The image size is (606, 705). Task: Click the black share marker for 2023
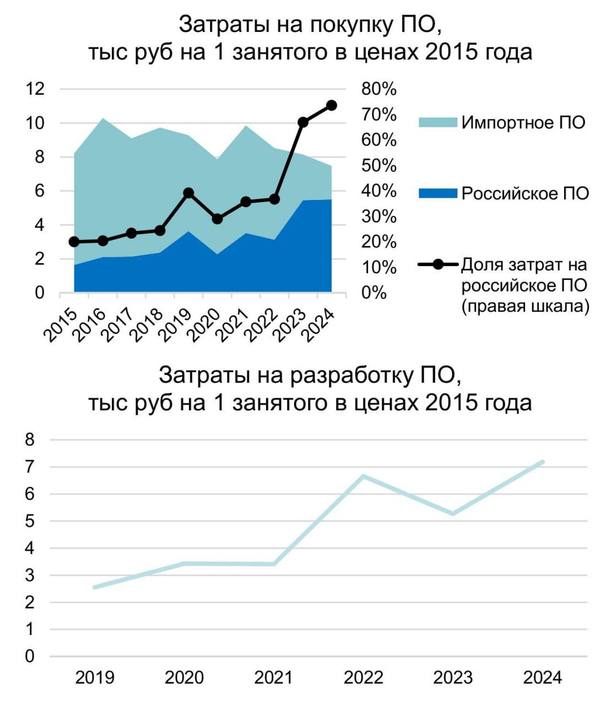coord(302,122)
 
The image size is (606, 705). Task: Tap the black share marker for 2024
coord(331,105)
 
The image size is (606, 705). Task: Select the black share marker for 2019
coord(188,193)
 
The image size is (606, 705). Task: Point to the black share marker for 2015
coord(74,242)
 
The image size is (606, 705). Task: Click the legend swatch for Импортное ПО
coord(437,122)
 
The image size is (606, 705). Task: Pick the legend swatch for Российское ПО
coord(437,193)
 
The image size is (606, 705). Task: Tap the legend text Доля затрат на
coord(524,265)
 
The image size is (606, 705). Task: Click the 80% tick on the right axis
coord(379,89)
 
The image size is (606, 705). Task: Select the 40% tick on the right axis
coord(379,191)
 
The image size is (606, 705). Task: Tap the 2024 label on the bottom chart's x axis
coord(542,677)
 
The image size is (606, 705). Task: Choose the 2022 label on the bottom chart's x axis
coord(363,677)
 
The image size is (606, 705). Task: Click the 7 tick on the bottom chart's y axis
coord(30,467)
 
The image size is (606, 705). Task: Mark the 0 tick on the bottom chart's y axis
coord(30,656)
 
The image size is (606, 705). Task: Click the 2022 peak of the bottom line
coord(364,476)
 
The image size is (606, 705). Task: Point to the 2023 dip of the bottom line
coord(453,514)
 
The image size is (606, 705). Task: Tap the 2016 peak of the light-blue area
coord(102,118)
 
